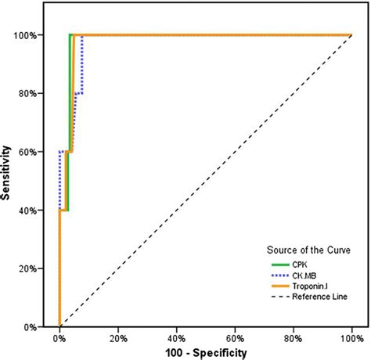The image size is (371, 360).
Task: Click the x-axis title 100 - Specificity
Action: [205, 353]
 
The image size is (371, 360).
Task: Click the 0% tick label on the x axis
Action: [59, 338]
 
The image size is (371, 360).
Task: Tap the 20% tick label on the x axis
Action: [117, 338]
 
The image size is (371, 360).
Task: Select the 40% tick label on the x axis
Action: [176, 338]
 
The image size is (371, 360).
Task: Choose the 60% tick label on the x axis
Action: [235, 338]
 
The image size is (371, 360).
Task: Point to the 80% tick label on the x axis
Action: [293, 338]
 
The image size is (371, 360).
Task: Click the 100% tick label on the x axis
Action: [351, 338]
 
